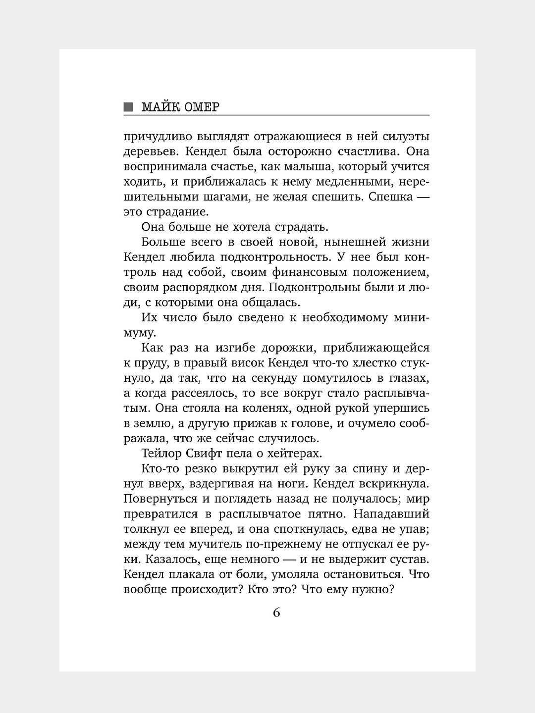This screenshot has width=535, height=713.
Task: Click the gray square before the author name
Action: (x=129, y=107)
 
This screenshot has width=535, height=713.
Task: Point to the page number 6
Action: (x=276, y=612)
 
